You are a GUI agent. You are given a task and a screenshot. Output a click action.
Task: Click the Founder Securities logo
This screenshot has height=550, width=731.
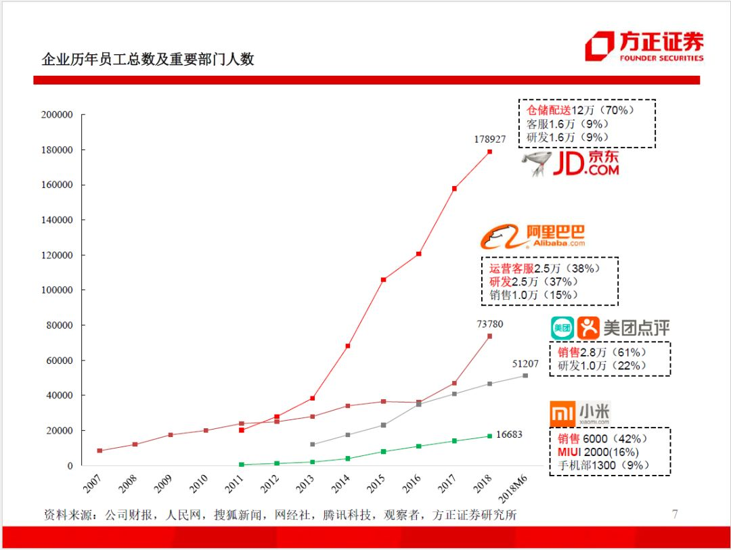[644, 47]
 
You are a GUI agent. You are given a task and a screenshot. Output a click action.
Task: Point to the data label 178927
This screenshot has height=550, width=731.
[489, 139]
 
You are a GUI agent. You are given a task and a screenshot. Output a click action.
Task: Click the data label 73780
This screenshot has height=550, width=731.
[489, 324]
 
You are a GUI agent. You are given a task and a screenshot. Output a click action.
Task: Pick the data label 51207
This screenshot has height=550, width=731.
[525, 363]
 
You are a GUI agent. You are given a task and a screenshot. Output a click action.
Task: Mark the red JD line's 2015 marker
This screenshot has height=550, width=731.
[384, 279]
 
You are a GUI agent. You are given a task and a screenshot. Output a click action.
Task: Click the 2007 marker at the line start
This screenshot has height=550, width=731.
[100, 451]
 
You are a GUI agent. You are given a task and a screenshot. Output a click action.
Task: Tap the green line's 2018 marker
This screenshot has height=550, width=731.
[489, 436]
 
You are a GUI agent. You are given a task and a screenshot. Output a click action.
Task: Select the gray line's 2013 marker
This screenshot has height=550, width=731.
[312, 444]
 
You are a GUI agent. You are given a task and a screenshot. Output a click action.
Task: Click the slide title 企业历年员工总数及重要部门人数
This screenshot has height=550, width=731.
[148, 59]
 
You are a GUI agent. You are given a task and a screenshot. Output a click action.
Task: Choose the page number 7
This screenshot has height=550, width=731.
[674, 514]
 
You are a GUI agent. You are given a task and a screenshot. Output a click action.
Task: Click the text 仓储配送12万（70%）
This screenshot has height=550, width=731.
[579, 110]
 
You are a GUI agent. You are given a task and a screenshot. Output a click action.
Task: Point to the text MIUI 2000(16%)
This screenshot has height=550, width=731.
[598, 452]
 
